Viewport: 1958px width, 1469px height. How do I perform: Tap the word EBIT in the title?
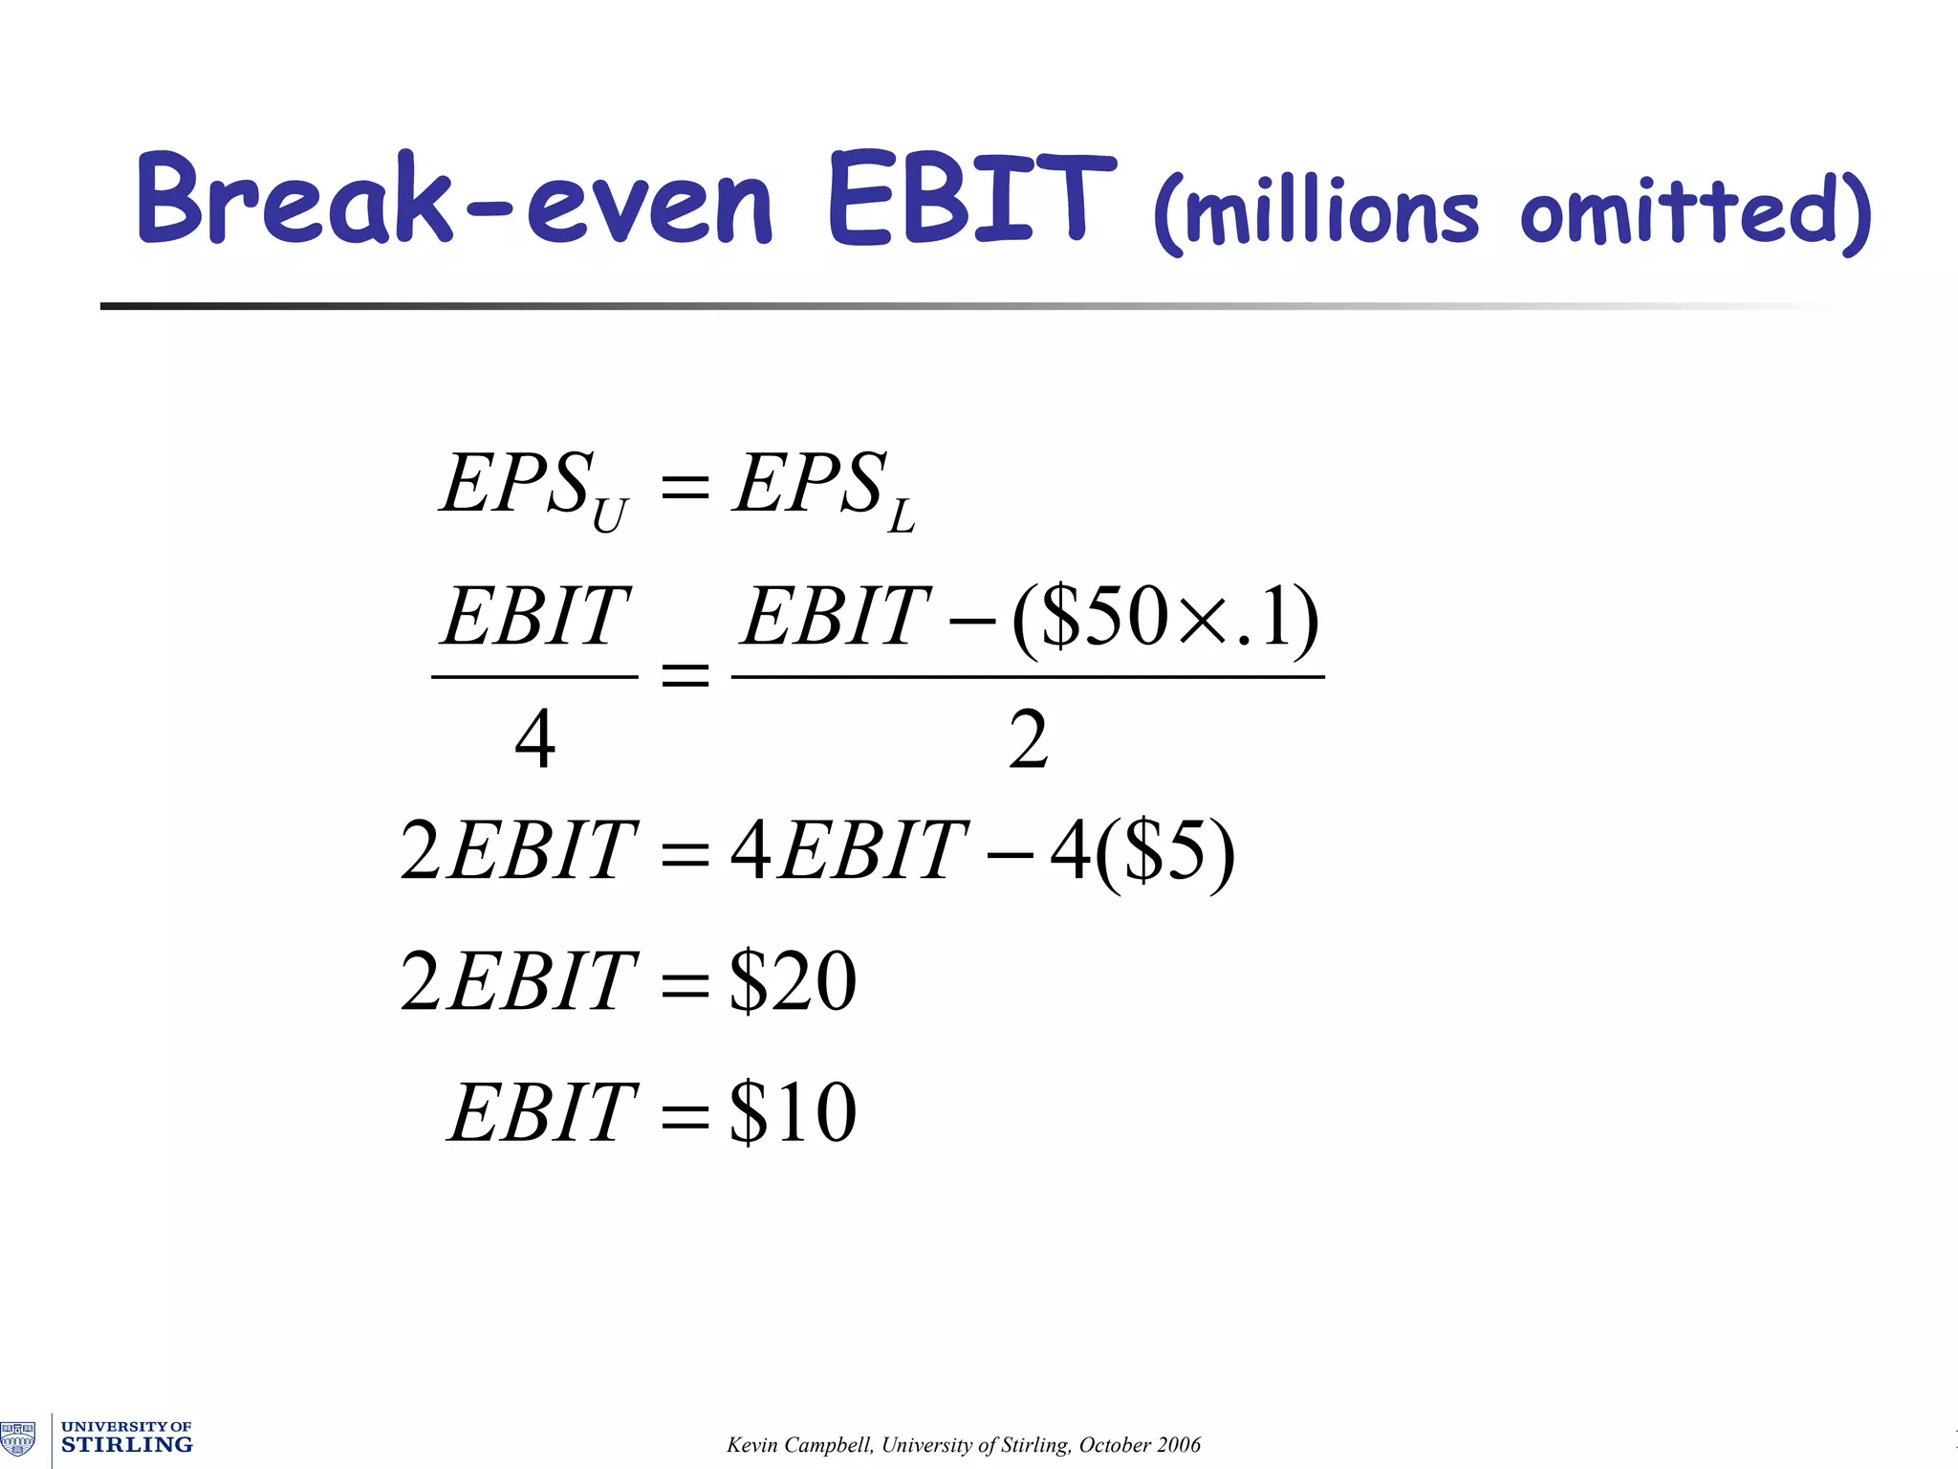970,199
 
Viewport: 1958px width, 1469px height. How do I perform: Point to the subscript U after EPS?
609,517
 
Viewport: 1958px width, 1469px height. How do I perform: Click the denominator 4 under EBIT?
534,739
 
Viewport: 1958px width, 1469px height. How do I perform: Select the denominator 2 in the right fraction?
1028,739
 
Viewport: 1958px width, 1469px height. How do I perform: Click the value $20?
793,981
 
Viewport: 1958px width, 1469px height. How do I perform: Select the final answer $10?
793,1112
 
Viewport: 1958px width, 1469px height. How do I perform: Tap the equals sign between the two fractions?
685,676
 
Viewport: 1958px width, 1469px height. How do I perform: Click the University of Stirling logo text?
126,1437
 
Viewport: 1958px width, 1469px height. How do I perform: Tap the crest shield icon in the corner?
18,1438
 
